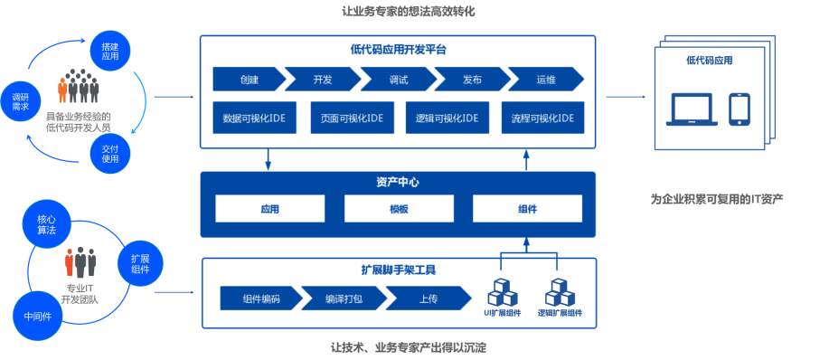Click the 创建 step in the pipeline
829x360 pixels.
tap(249, 80)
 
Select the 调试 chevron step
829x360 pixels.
tap(398, 80)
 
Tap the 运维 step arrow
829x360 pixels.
tap(544, 80)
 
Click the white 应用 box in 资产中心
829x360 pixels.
tap(269, 209)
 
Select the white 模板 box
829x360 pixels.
tap(399, 209)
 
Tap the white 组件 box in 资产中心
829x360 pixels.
tap(527, 209)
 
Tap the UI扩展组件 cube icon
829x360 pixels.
tap(502, 291)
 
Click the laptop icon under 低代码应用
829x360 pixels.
tap(692, 109)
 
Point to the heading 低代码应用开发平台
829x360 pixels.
tap(397, 50)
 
